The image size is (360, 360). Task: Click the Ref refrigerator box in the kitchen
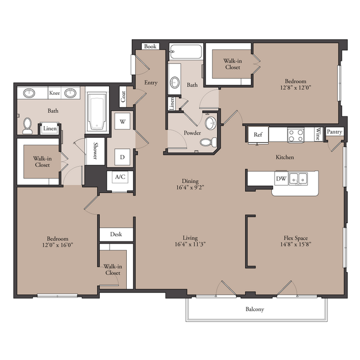(x=258, y=135)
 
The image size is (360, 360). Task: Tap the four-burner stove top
(x=296, y=135)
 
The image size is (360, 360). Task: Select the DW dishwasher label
(x=281, y=178)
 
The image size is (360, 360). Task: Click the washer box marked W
(x=122, y=121)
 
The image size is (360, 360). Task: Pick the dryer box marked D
(x=122, y=157)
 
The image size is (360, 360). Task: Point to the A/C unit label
(x=120, y=177)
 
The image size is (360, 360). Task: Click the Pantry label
(x=335, y=132)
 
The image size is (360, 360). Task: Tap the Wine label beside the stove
(x=318, y=134)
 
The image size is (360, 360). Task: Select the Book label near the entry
(x=151, y=47)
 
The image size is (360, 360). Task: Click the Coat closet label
(x=124, y=96)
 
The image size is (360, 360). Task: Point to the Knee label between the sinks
(x=54, y=93)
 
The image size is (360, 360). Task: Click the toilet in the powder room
(x=208, y=142)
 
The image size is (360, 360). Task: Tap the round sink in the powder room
(x=210, y=123)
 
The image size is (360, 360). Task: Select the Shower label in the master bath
(x=95, y=151)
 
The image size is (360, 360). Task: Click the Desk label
(x=116, y=234)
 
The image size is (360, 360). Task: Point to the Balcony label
(x=255, y=309)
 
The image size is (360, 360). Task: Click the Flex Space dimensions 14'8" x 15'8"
(x=296, y=244)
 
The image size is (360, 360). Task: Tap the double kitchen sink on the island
(x=298, y=178)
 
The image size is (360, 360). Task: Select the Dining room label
(x=190, y=181)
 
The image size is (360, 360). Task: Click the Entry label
(x=151, y=83)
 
